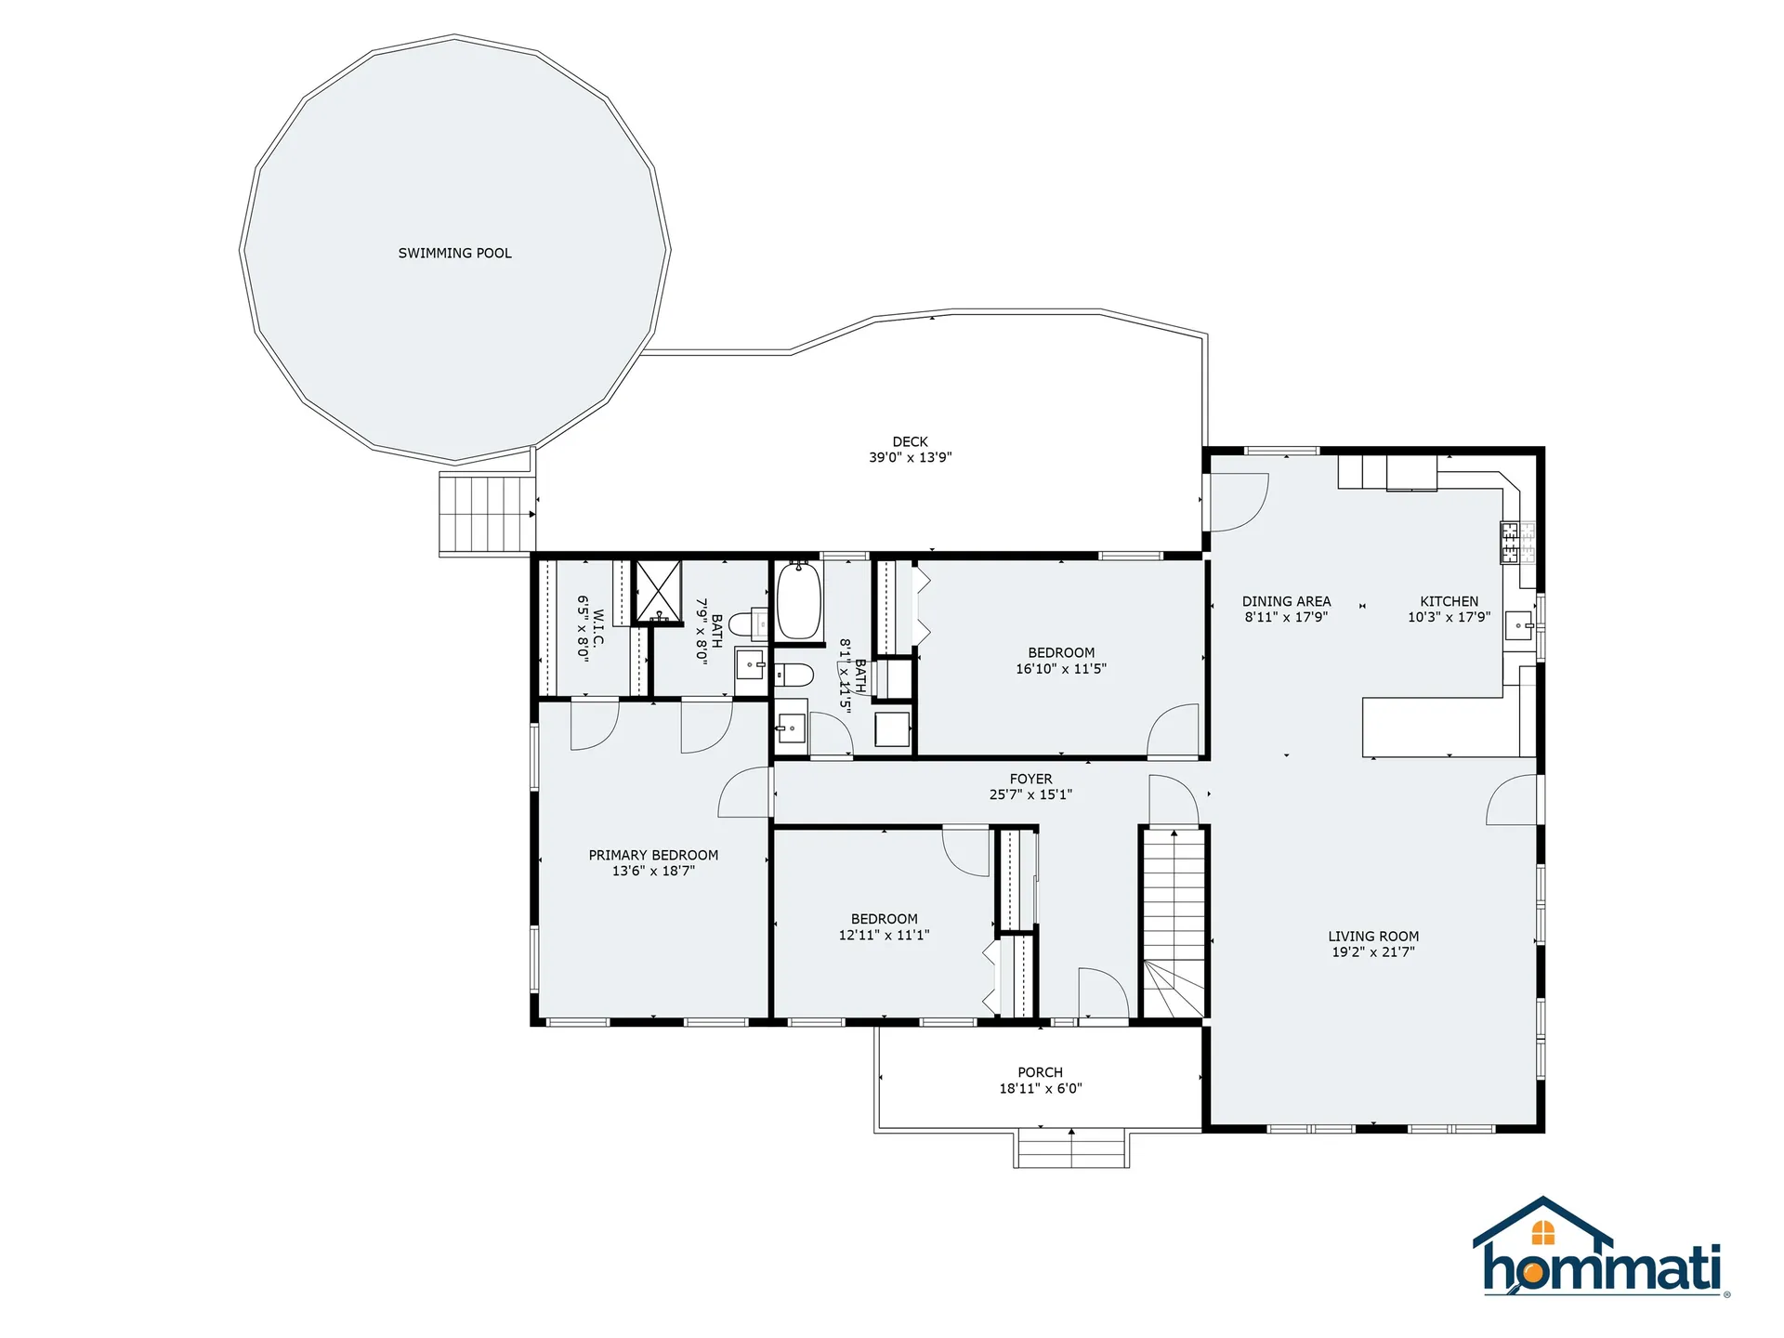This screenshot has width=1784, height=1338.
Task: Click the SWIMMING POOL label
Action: (454, 253)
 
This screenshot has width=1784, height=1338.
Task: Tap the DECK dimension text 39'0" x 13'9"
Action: (910, 457)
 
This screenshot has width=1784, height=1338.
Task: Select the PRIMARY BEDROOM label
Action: (653, 855)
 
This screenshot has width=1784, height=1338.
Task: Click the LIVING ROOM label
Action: (1372, 937)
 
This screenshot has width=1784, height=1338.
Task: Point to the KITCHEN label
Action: (1449, 601)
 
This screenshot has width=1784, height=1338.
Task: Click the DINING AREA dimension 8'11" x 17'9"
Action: (1286, 617)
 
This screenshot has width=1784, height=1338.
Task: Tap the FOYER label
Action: (1030, 779)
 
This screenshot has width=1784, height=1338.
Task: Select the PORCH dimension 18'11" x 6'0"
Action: (1040, 1088)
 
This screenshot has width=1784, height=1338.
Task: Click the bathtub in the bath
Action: (798, 600)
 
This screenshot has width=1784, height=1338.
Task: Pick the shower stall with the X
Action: (658, 591)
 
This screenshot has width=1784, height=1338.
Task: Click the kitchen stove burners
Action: (1510, 543)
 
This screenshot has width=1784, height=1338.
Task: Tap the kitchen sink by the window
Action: (1519, 625)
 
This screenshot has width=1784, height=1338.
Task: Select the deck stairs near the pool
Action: (487, 514)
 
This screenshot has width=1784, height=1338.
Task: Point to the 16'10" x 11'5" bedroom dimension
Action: (1060, 668)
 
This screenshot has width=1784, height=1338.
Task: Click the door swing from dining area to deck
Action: (1239, 502)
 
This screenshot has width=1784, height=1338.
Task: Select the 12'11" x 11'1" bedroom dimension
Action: (884, 935)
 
